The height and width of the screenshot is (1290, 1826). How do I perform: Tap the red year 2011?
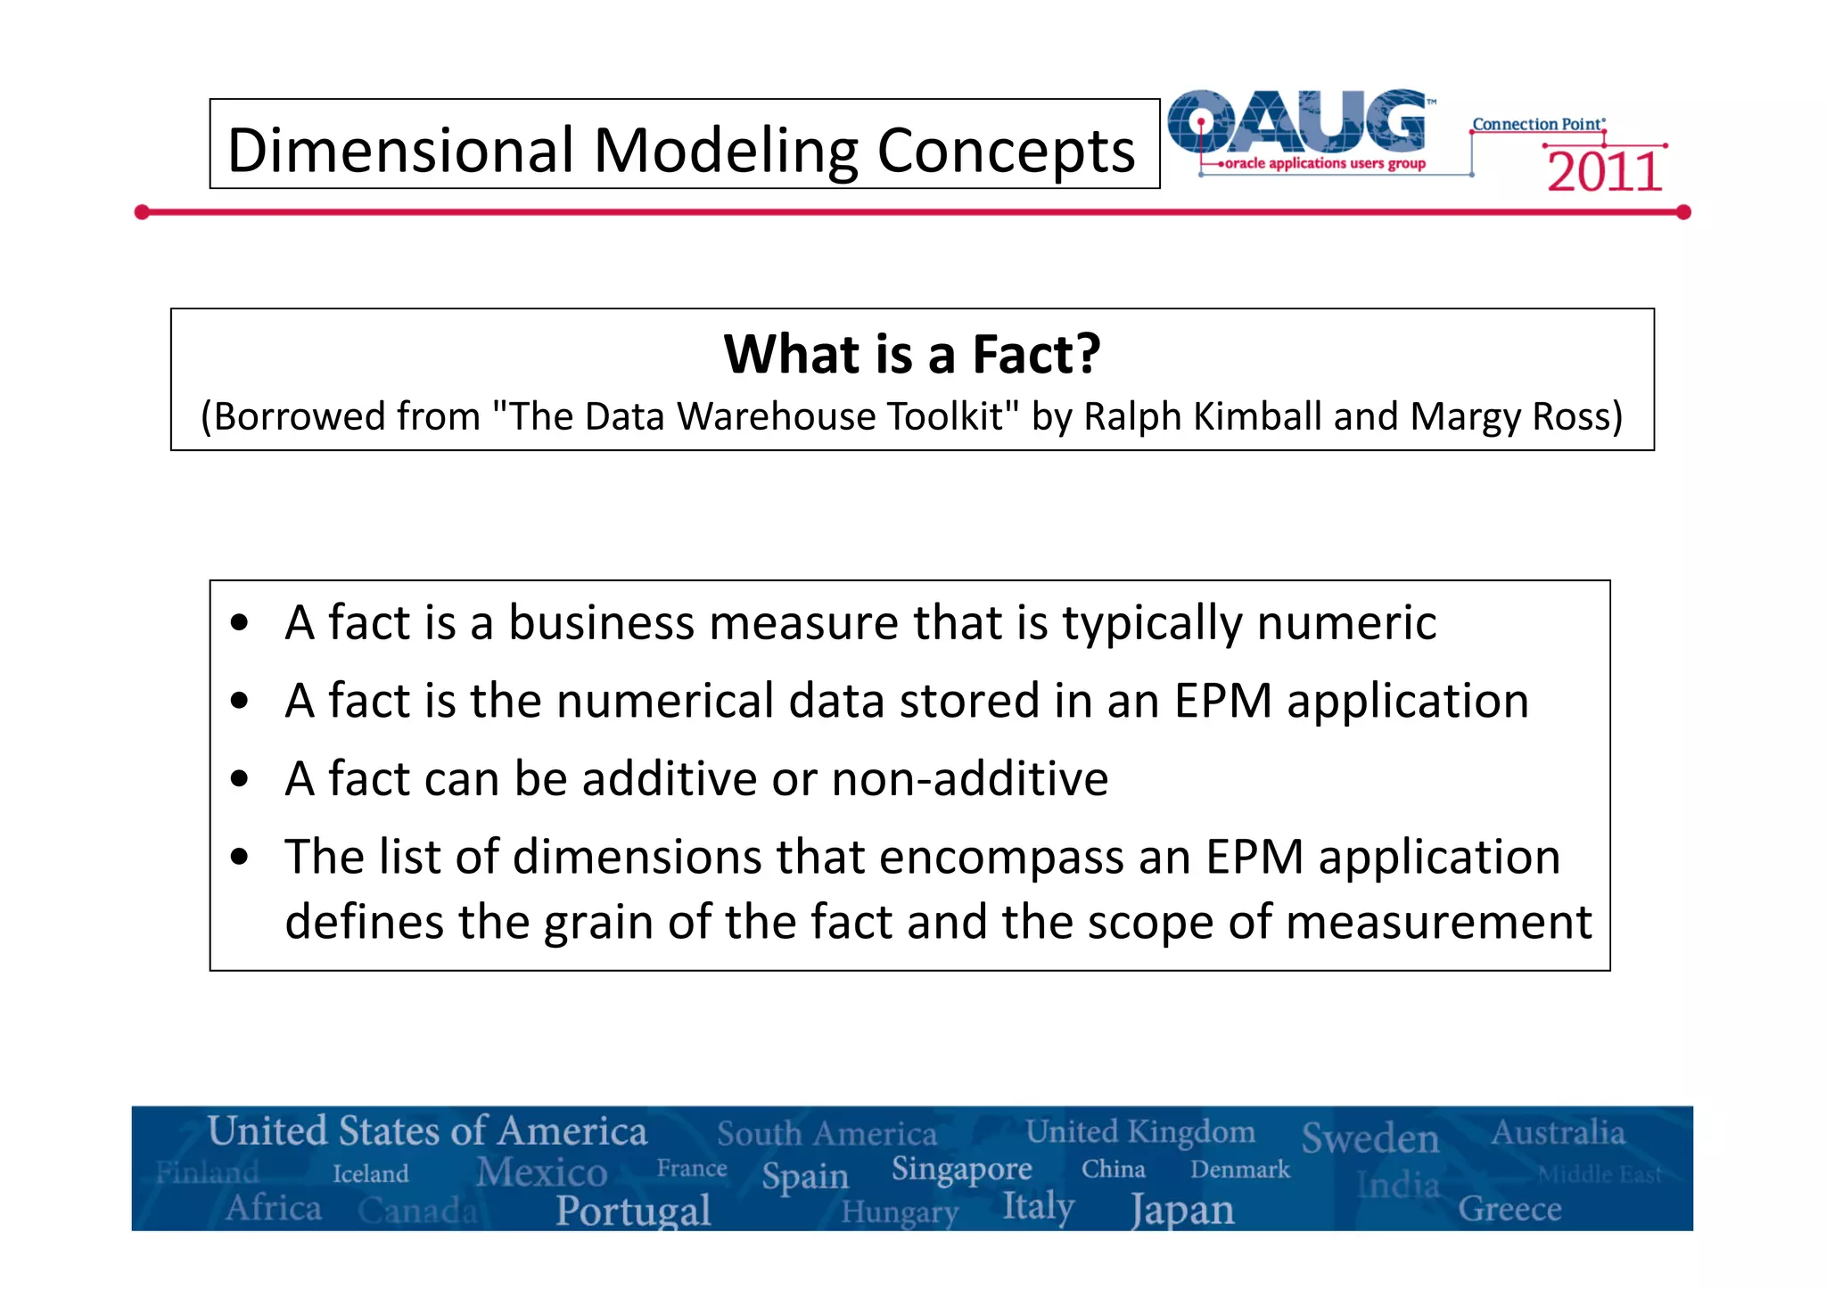[x=1604, y=172]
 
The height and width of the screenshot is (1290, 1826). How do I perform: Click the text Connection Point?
[x=1537, y=124]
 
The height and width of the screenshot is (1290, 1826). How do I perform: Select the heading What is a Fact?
[x=911, y=354]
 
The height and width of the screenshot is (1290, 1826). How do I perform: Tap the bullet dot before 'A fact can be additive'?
[x=239, y=779]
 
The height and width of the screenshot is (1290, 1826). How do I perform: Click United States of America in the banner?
[x=427, y=1131]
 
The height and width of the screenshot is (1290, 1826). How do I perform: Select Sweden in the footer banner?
[x=1369, y=1138]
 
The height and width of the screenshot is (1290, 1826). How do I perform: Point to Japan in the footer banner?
[x=1182, y=1211]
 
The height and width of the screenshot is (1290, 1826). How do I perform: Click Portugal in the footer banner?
[x=633, y=1211]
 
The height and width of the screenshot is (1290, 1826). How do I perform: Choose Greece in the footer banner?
[x=1509, y=1209]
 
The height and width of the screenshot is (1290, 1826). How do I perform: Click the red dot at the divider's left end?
[x=142, y=212]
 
